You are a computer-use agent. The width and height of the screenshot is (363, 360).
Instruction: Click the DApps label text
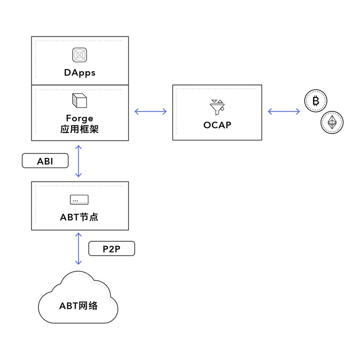click(x=79, y=73)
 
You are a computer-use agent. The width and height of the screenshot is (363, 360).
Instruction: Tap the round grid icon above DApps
click(x=79, y=55)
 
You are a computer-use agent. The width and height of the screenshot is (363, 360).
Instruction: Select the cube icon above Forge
click(x=79, y=100)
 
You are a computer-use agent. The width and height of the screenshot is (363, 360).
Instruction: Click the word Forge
click(x=79, y=118)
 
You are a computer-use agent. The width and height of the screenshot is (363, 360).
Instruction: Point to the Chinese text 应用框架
click(x=79, y=129)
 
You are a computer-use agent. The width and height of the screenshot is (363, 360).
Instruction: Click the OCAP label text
click(x=217, y=125)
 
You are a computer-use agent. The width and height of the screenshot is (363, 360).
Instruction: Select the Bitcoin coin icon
click(x=316, y=101)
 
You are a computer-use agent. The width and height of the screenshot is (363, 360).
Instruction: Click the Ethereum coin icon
click(x=332, y=122)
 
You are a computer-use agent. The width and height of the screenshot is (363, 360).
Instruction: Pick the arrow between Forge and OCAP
click(x=150, y=111)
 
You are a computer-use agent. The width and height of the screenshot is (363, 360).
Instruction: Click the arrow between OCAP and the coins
click(x=284, y=111)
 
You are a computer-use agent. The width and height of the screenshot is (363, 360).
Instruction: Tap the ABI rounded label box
click(x=45, y=161)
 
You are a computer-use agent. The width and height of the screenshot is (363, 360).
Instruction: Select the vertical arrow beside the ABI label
click(x=78, y=161)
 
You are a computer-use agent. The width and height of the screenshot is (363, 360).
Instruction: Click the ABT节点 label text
click(x=79, y=217)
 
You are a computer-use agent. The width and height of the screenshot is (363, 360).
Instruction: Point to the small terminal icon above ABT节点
click(x=79, y=199)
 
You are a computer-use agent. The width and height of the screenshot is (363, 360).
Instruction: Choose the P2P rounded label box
click(x=112, y=249)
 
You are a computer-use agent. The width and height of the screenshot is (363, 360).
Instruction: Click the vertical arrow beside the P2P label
click(x=78, y=249)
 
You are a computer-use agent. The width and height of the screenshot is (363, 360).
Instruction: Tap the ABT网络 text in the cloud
click(x=78, y=306)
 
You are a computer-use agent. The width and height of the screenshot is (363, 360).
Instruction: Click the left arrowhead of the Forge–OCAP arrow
click(x=136, y=111)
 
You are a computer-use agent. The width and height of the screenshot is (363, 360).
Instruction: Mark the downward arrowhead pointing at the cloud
click(x=78, y=263)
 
